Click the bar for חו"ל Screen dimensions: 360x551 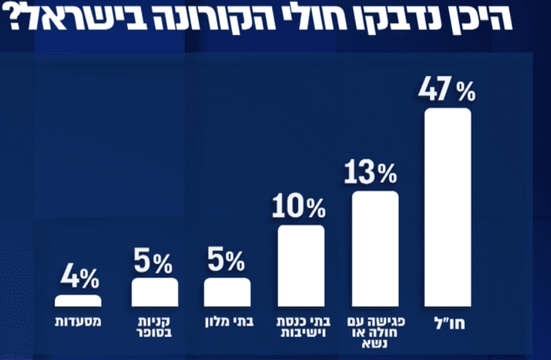pos(447,207)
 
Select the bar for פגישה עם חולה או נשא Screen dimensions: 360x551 pos(375,249)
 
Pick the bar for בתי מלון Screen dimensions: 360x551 pos(228,292)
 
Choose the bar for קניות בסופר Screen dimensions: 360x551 pos(154,292)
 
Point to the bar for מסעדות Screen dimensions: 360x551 pos(78,300)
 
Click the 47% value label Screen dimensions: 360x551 pos(448,90)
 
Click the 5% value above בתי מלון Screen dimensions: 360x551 pos(225,262)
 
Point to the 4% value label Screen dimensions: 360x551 pos(79,278)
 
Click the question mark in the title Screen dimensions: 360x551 pos(15,20)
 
